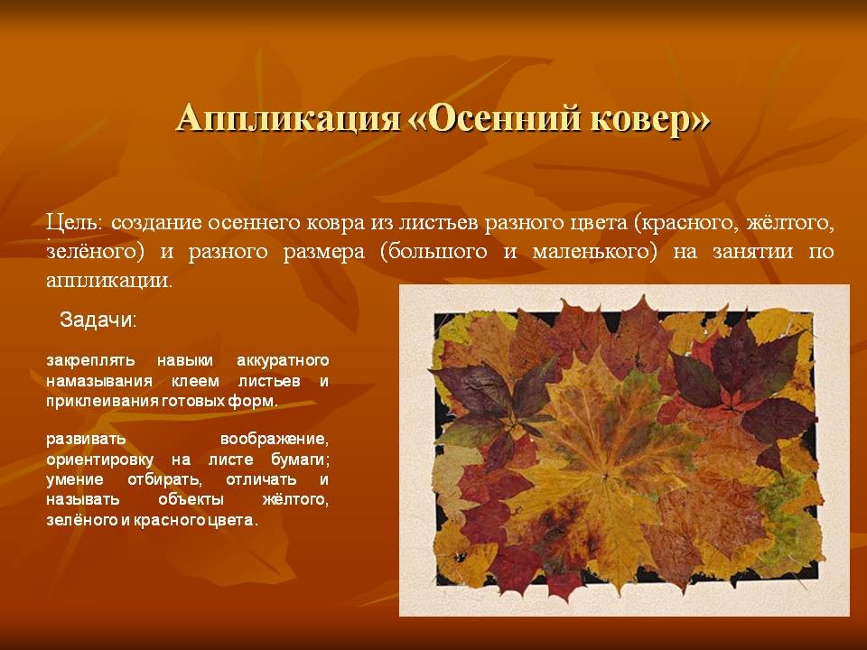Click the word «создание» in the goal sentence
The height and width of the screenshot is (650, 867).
tap(156, 223)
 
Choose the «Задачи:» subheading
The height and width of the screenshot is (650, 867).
tap(98, 320)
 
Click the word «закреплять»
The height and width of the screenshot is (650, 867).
tap(90, 361)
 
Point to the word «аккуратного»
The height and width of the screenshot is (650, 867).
tap(283, 361)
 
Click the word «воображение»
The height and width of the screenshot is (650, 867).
tap(275, 440)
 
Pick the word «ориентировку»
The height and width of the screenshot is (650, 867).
tap(99, 460)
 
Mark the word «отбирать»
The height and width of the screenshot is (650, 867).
tap(162, 479)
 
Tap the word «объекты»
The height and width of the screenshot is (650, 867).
tap(191, 499)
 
